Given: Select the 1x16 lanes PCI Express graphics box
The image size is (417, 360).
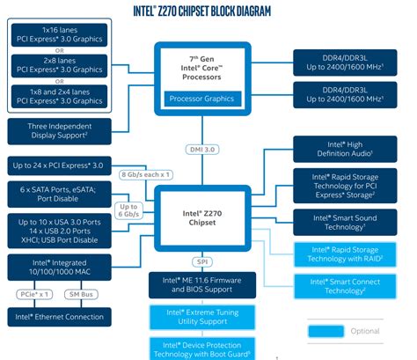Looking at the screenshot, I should (58, 35).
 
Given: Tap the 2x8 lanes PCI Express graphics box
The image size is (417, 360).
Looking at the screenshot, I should (58, 64).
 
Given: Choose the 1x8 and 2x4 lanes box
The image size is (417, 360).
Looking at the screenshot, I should (58, 95).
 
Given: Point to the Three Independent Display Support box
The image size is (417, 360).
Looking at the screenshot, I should (58, 132).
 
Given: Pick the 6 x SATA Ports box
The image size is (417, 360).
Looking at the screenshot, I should (58, 194).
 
